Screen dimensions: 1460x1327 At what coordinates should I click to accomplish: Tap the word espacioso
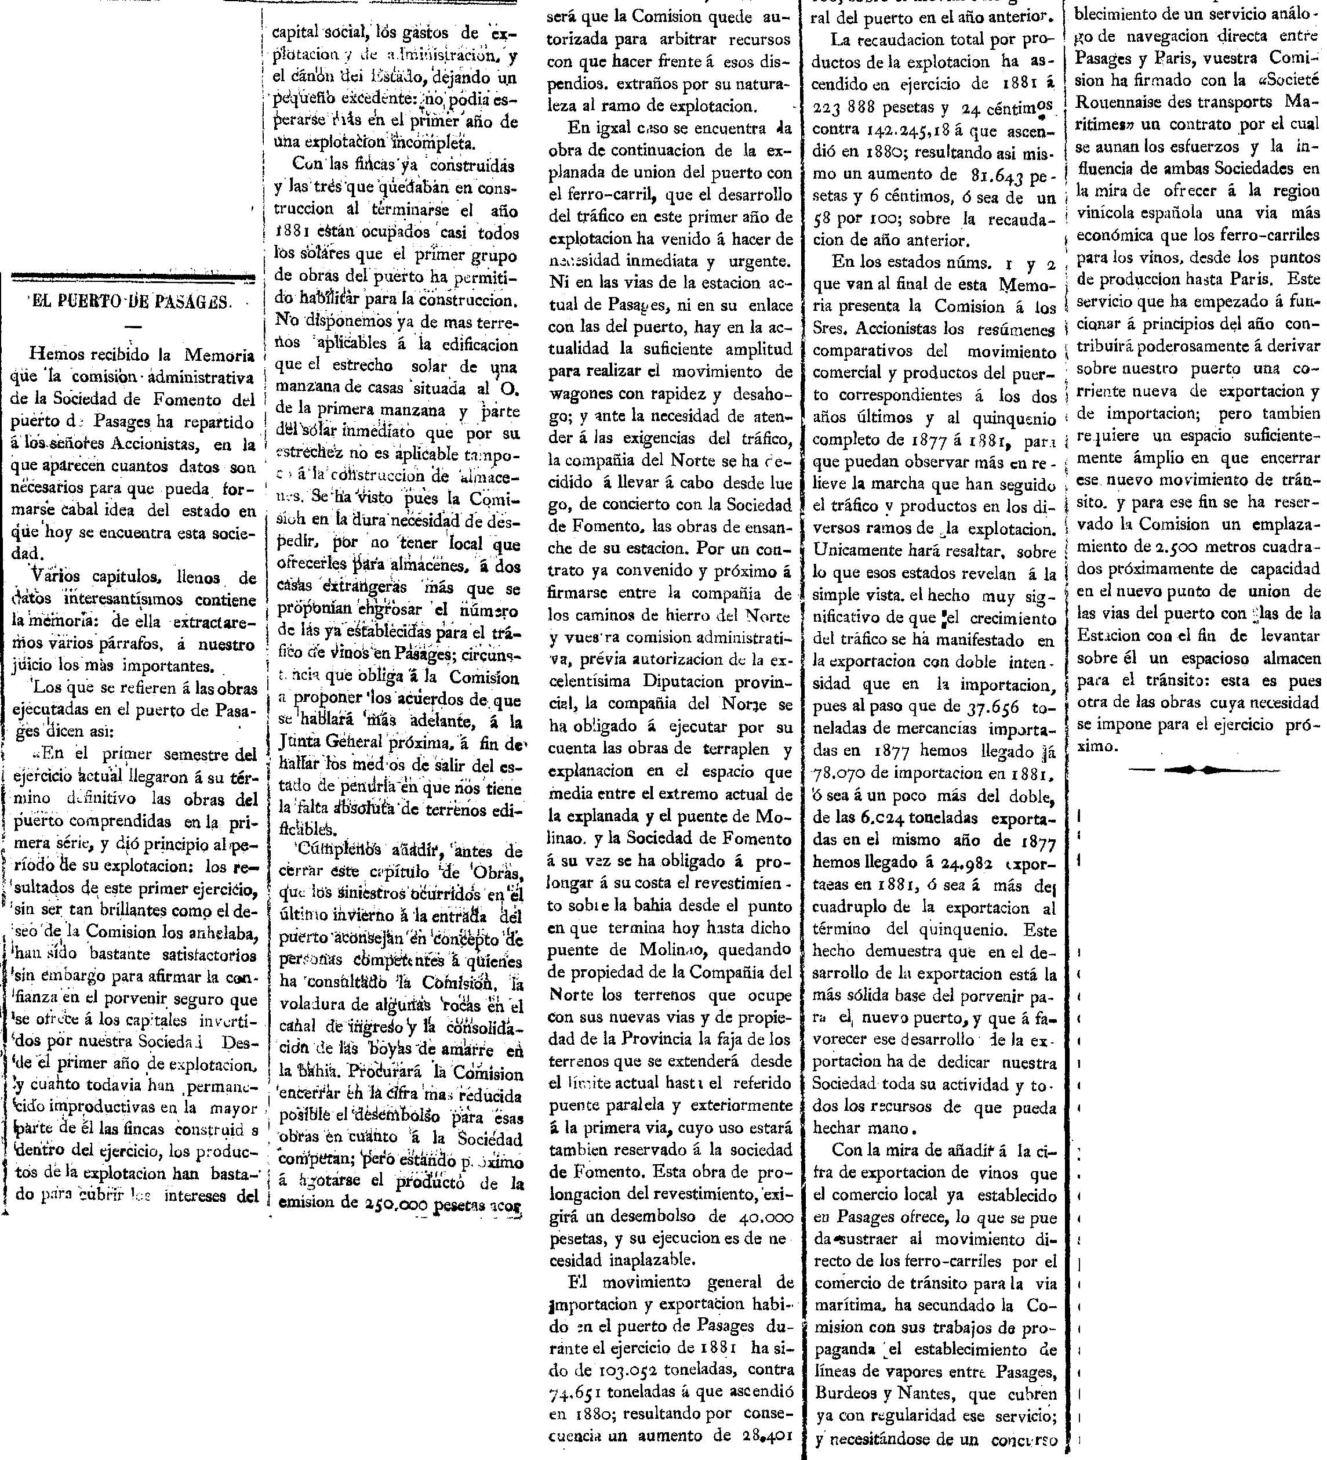coord(1220,658)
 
